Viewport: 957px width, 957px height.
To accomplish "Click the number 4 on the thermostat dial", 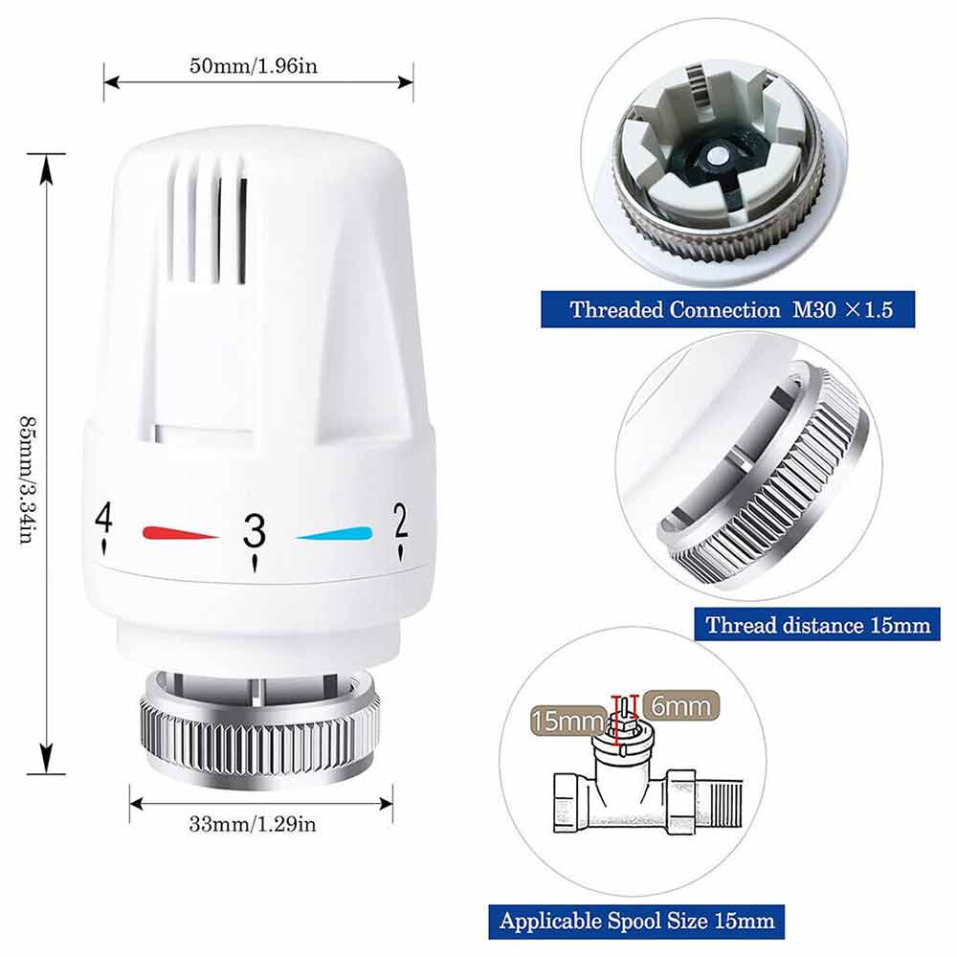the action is pyautogui.click(x=103, y=518).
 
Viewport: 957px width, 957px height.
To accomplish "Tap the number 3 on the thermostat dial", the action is pyautogui.click(x=254, y=530).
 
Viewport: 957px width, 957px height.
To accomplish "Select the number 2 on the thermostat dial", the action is pyautogui.click(x=400, y=521).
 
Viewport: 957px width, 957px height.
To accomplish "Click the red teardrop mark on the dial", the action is pyautogui.click(x=180, y=533).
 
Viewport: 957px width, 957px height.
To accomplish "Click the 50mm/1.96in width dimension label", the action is pyautogui.click(x=254, y=65).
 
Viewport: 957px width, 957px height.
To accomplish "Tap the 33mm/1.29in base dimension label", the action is pyautogui.click(x=253, y=824).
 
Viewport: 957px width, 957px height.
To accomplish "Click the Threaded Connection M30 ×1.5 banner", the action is pyautogui.click(x=727, y=309).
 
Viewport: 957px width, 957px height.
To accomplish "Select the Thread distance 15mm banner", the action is pyautogui.click(x=817, y=624).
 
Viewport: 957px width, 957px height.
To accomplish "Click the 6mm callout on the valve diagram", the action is pyautogui.click(x=680, y=706).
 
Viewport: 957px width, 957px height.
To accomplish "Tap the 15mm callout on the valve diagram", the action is pyautogui.click(x=568, y=721).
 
